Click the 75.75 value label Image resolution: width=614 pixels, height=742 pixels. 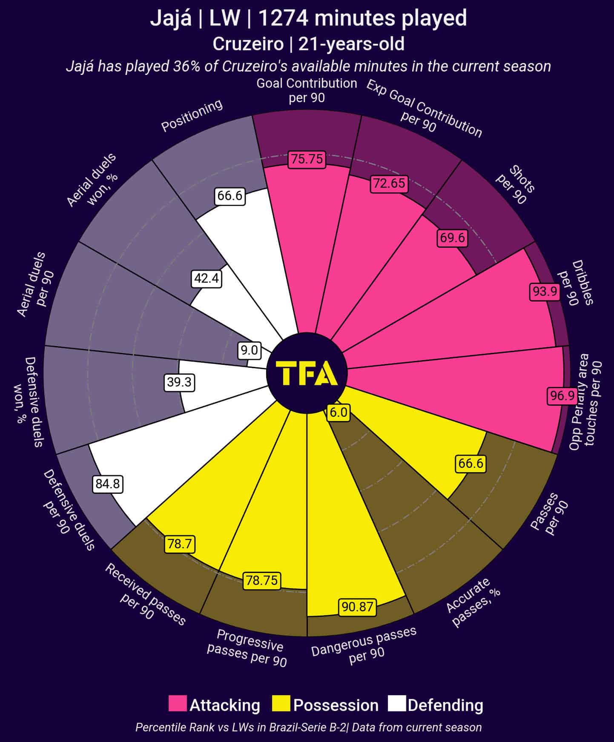pyautogui.click(x=307, y=159)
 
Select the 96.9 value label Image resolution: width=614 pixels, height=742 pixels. pyautogui.click(x=562, y=396)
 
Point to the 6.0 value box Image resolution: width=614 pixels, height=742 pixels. pyautogui.click(x=339, y=412)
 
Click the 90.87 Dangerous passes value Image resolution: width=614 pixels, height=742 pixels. pyautogui.click(x=357, y=607)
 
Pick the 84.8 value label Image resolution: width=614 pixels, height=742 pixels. pyautogui.click(x=108, y=484)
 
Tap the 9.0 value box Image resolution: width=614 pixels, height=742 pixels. pyautogui.click(x=249, y=350)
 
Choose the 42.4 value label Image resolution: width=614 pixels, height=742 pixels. pyautogui.click(x=207, y=278)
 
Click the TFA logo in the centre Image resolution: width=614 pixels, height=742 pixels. pyautogui.click(x=307, y=373)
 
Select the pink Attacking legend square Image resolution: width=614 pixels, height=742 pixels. pyautogui.click(x=178, y=703)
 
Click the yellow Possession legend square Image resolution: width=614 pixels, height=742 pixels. pyautogui.click(x=281, y=703)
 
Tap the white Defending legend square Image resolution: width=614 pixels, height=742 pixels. pyautogui.click(x=397, y=703)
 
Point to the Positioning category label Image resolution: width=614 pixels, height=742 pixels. pyautogui.click(x=192, y=115)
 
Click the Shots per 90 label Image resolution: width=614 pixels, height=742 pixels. pyautogui.click(x=516, y=185)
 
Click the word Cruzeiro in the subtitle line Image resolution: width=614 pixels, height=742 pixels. pyautogui.click(x=248, y=44)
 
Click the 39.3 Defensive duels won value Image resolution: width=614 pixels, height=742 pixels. pyautogui.click(x=179, y=382)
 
